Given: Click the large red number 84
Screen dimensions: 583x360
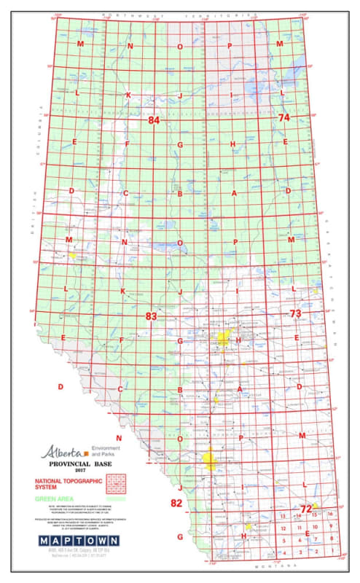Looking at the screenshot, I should (153, 120).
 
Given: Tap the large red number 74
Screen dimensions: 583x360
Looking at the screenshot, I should (284, 117).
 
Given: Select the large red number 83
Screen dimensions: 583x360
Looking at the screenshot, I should (152, 316).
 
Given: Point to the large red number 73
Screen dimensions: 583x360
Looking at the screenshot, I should (295, 313).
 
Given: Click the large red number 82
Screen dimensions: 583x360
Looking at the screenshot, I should (176, 504).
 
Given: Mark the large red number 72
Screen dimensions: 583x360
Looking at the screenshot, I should (306, 508).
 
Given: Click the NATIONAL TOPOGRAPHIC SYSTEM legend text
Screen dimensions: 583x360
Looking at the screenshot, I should (66, 485).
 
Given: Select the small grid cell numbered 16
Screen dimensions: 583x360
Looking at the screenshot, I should (331, 514).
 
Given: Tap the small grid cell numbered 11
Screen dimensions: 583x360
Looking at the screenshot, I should (299, 527).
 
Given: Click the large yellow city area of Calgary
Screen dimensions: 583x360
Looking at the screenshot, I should (210, 461).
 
